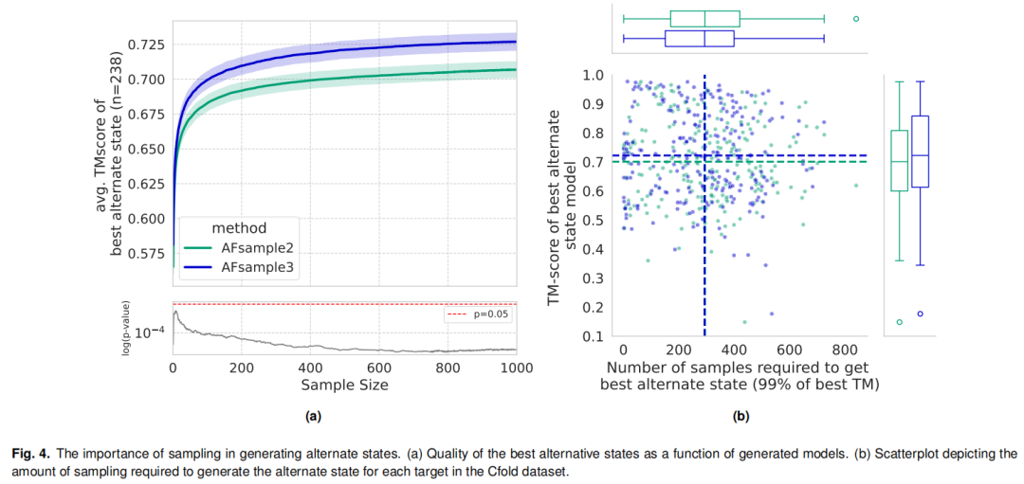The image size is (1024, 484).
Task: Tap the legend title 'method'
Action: tap(239, 228)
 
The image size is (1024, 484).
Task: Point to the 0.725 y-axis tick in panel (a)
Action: tap(146, 45)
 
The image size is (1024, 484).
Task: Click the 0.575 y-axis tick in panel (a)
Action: tap(146, 253)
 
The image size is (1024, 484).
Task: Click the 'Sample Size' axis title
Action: tap(344, 385)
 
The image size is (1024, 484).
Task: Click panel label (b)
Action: tap(741, 416)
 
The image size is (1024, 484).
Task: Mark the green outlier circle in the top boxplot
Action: tap(856, 18)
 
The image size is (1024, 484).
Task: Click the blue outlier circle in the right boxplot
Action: tap(920, 314)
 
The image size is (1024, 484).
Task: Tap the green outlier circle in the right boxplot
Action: tap(899, 322)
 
